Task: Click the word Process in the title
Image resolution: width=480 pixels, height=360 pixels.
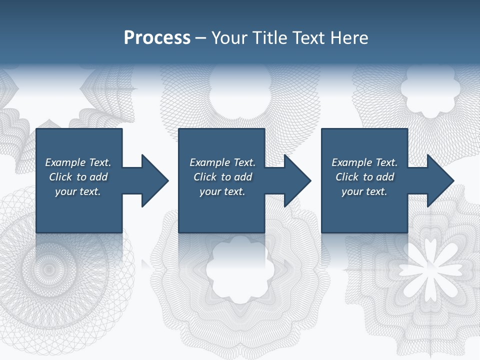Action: point(157,38)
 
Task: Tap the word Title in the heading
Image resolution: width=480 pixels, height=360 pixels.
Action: point(268,38)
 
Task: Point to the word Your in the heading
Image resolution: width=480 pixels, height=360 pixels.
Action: point(229,38)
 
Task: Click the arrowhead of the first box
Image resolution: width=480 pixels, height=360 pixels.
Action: point(155,180)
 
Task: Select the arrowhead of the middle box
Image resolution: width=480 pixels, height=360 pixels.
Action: point(297,180)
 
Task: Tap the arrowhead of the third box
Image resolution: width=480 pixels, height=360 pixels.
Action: point(440,180)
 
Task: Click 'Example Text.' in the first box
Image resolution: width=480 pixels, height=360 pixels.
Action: point(78,162)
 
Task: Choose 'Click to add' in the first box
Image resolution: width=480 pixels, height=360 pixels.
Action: point(78,177)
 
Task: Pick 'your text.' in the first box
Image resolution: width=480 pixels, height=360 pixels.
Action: point(78,191)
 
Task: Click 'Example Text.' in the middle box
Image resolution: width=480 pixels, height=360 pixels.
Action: point(222,162)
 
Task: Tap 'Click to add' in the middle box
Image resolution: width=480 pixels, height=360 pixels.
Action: point(222,177)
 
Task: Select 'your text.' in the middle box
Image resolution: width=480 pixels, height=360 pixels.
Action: point(222,191)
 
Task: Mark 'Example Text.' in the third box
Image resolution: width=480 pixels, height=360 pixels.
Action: point(364,162)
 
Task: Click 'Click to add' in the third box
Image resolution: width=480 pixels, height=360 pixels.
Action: point(364,177)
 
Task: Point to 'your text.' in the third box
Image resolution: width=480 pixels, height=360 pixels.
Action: point(364,191)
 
